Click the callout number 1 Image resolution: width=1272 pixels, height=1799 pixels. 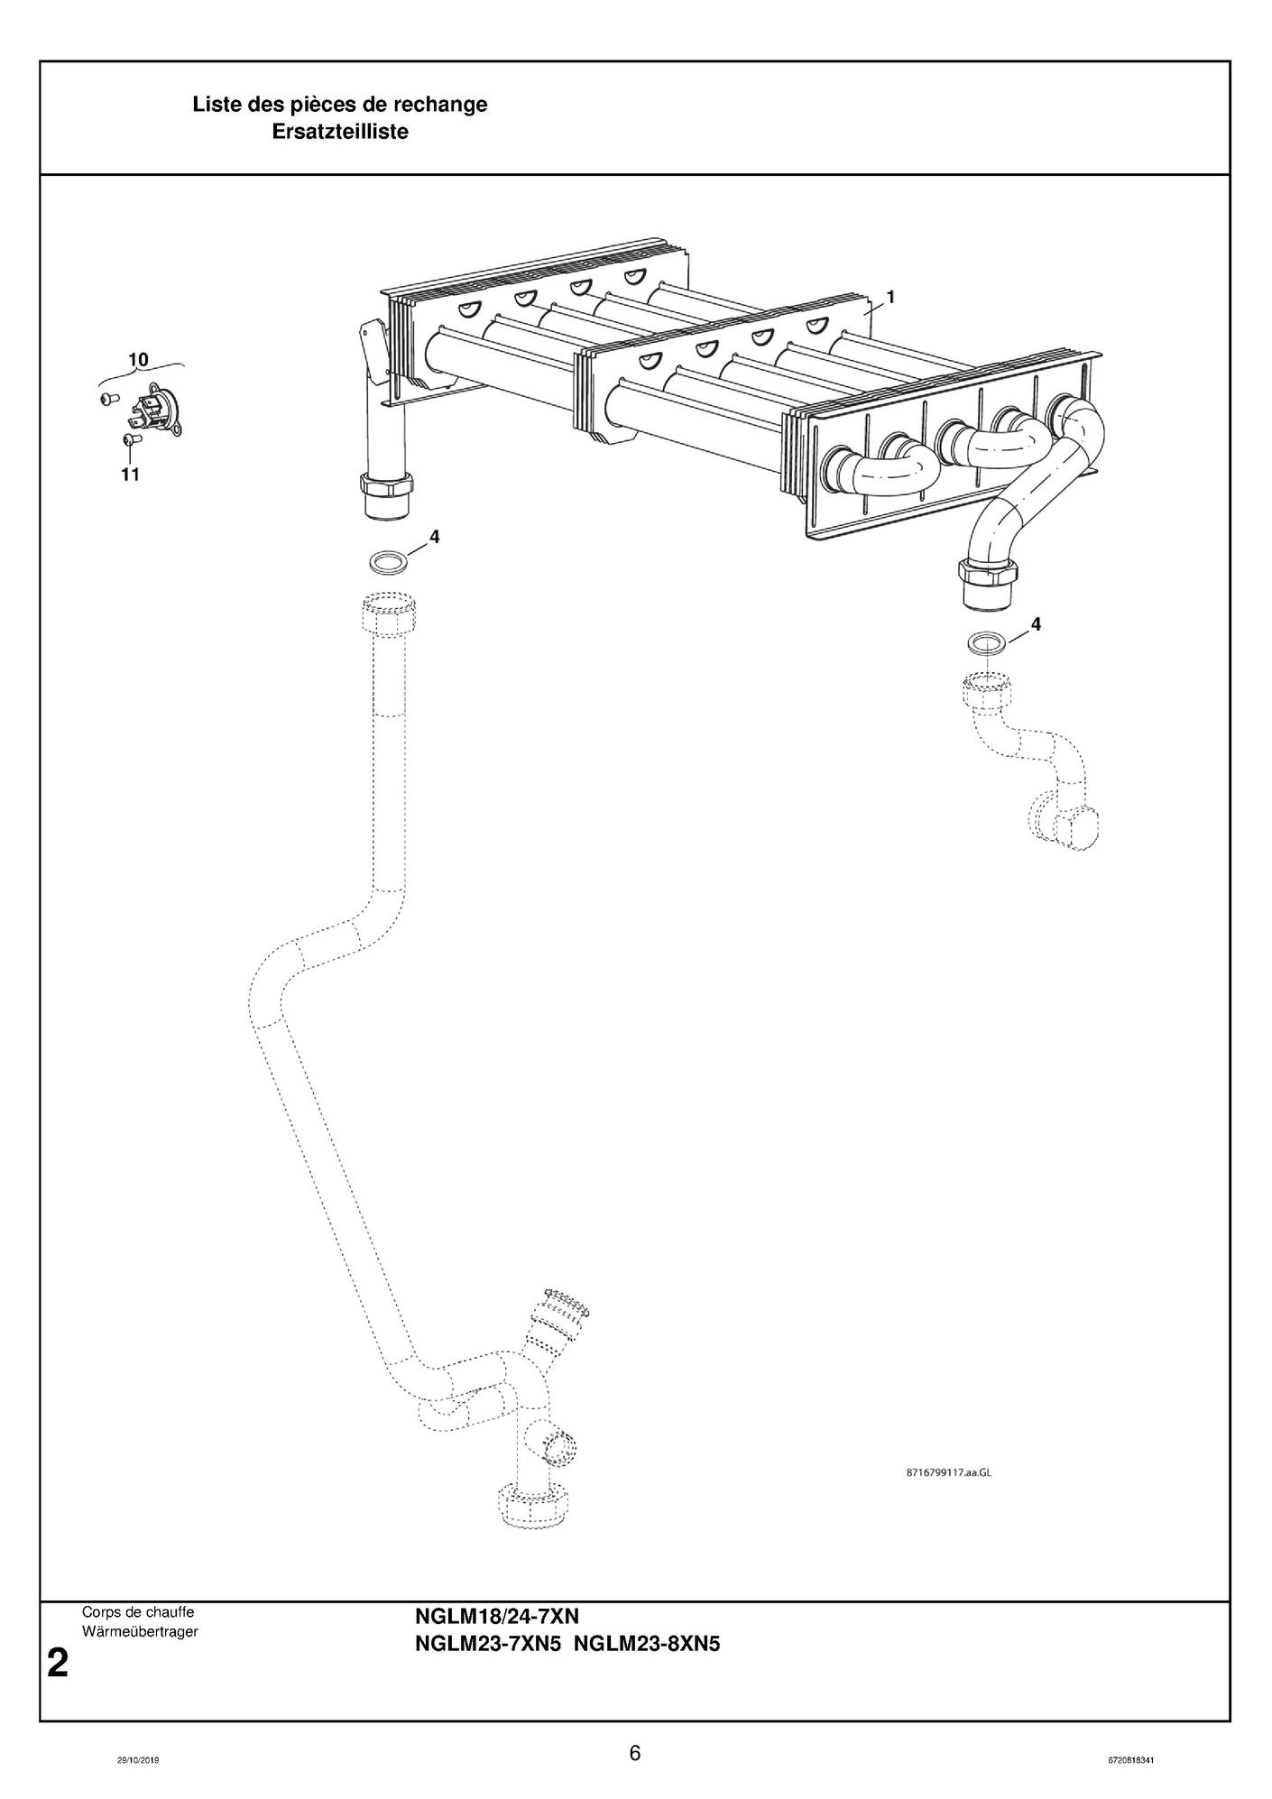click(890, 296)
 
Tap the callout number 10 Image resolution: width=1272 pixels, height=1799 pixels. click(138, 359)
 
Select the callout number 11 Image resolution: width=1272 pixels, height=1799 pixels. click(131, 474)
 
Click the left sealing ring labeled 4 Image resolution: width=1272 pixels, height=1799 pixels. click(388, 563)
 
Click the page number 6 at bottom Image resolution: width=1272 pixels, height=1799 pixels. click(635, 1753)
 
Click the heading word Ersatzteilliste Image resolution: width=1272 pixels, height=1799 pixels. click(340, 132)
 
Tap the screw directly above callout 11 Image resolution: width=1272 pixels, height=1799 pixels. click(129, 439)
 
